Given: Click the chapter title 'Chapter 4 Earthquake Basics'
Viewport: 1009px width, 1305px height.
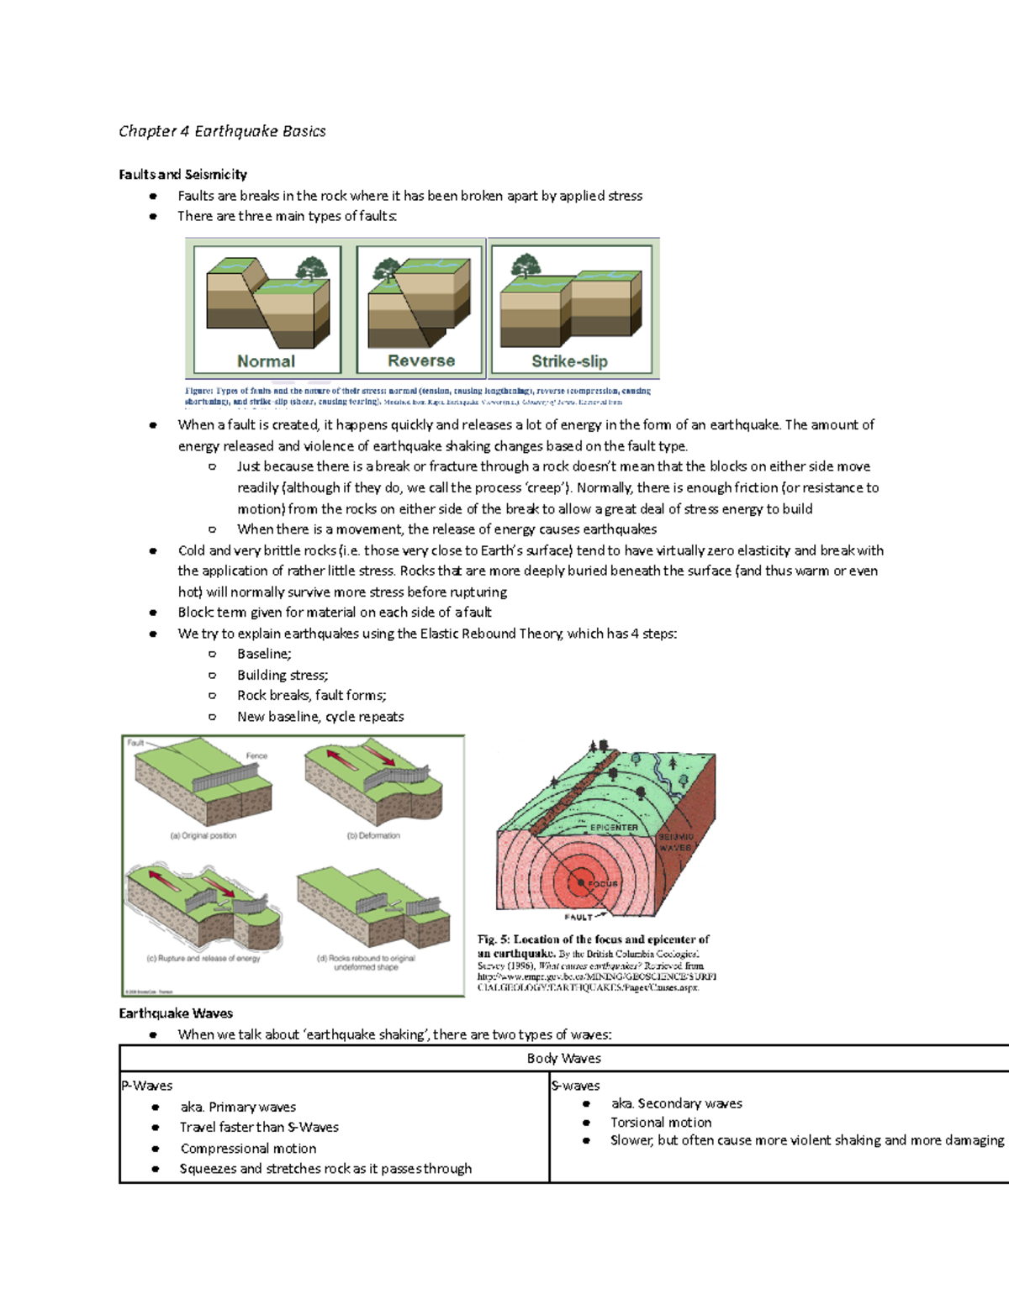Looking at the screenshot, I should [222, 131].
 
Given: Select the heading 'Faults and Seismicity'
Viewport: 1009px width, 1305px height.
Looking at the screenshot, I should [182, 174].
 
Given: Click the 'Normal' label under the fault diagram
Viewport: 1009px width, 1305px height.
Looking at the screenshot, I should [266, 361].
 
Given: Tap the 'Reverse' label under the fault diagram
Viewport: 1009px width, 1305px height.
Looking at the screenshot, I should [420, 360].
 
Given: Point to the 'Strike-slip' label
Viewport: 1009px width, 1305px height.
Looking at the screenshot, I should [569, 361].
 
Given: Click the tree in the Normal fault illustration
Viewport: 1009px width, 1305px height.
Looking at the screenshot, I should [312, 268].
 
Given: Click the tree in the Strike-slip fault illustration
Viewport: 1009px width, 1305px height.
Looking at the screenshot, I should [526, 265].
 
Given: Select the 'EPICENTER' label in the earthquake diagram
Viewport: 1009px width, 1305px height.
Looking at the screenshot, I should [613, 828].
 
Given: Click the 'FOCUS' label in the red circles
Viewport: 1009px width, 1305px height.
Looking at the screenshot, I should [602, 884].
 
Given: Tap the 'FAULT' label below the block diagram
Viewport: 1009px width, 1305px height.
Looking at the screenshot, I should [578, 917].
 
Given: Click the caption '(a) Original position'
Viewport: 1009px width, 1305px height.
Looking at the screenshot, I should [203, 835].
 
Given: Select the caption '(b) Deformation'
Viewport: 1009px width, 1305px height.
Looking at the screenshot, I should [373, 835].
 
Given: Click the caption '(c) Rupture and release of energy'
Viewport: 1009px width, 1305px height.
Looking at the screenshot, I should [203, 958].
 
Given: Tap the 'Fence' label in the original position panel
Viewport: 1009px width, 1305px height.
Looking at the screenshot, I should [256, 756].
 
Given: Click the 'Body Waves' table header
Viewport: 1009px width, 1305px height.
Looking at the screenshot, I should [563, 1058].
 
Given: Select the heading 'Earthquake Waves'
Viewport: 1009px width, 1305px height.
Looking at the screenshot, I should [176, 1013].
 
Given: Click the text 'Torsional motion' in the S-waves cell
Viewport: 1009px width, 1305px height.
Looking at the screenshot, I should [661, 1122].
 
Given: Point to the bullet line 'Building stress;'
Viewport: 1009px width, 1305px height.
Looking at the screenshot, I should [283, 675].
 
